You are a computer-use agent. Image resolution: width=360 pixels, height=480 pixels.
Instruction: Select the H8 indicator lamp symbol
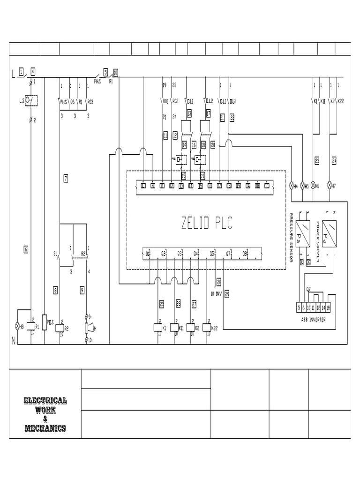[x=19, y=325]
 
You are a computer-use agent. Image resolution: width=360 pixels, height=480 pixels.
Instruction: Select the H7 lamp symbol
[x=330, y=186]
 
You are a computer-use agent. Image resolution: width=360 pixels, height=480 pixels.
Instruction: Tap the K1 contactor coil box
[x=158, y=327]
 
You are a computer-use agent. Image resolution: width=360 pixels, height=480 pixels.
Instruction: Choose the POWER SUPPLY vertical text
[x=318, y=241]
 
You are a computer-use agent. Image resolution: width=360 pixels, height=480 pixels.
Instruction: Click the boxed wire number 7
[x=66, y=178]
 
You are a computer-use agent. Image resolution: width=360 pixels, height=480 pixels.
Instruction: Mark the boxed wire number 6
[x=26, y=250]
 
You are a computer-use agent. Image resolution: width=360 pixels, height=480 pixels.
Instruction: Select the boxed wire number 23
[x=317, y=161]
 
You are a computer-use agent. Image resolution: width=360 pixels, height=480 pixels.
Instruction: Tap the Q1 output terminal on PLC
[x=147, y=254]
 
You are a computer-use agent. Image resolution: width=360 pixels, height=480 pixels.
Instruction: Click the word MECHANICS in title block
[x=45, y=428]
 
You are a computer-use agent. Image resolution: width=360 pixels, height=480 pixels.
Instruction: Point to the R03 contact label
[x=90, y=101]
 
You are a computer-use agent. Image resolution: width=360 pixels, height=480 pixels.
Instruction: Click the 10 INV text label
[x=215, y=293]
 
